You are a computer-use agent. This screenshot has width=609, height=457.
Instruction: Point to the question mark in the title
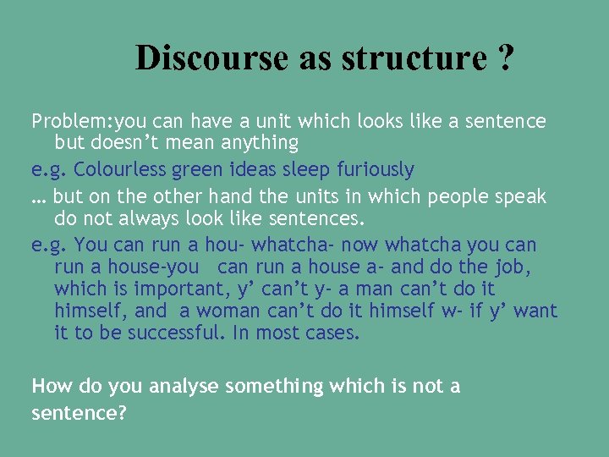pos(506,58)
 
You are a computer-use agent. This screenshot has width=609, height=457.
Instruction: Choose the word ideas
pos(251,170)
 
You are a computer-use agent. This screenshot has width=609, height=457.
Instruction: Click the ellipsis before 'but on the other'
pos(38,197)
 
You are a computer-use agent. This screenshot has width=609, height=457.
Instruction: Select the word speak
pos(523,197)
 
